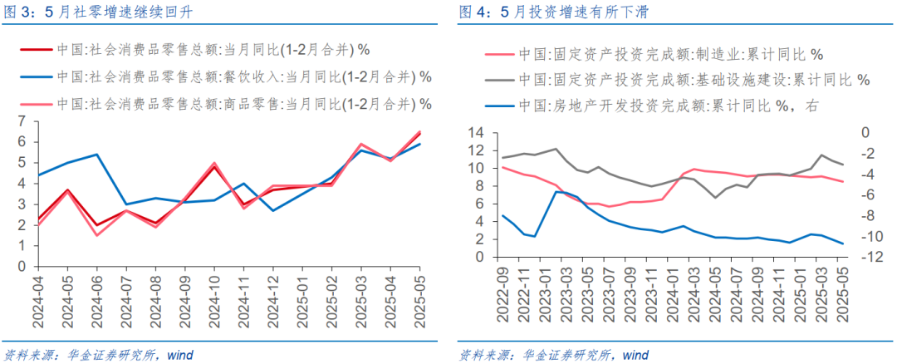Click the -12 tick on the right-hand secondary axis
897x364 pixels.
pyautogui.click(x=865, y=257)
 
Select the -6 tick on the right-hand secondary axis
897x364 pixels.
pyautogui.click(x=865, y=194)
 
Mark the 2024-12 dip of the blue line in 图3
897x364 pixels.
pyautogui.click(x=274, y=211)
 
